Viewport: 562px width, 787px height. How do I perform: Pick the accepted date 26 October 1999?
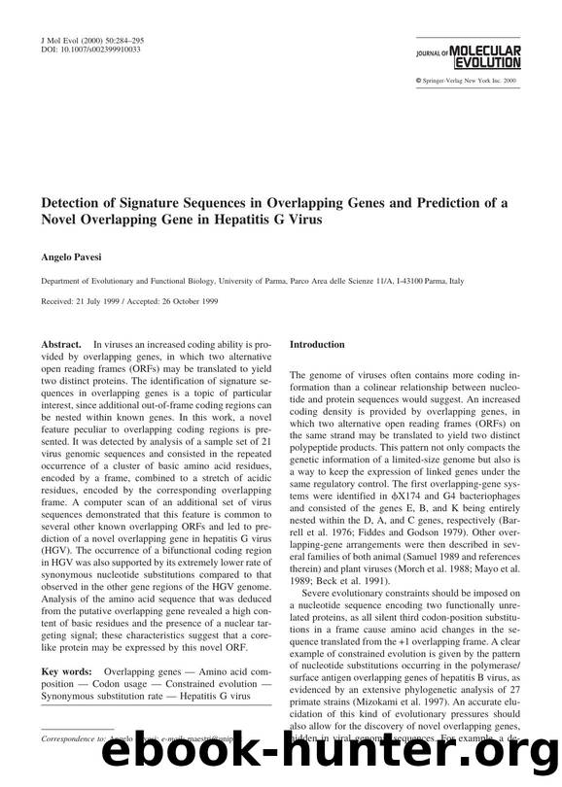pos(197,299)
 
